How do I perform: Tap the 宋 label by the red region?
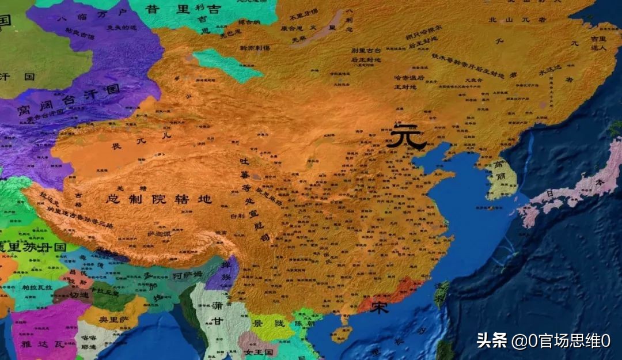379,307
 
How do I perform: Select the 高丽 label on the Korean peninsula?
498,173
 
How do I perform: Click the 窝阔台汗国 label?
68,98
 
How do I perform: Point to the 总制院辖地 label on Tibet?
159,200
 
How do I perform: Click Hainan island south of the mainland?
342,334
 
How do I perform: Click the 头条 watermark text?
491,340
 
